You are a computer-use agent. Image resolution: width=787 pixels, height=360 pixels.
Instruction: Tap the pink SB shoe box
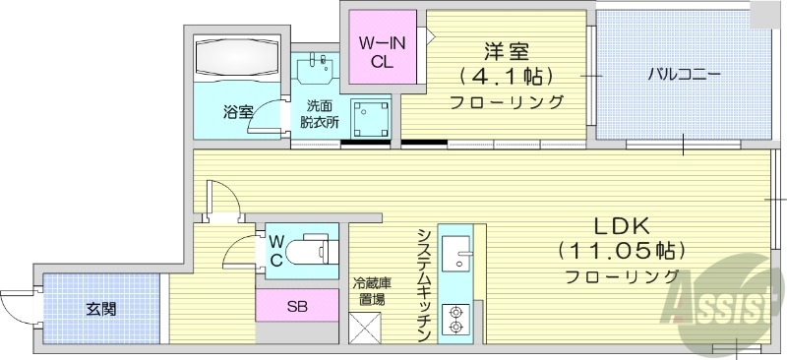(296, 306)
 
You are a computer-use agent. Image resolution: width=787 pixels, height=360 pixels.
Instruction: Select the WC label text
(276, 252)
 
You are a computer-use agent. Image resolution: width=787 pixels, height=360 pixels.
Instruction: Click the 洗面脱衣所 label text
(320, 114)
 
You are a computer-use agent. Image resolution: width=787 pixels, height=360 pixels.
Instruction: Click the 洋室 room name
(506, 50)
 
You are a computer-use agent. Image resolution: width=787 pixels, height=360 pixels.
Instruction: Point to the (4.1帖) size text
(506, 76)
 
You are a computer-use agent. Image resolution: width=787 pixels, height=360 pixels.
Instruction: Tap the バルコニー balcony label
(685, 74)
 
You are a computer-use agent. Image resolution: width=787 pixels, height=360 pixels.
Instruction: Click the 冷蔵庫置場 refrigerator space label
(370, 291)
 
